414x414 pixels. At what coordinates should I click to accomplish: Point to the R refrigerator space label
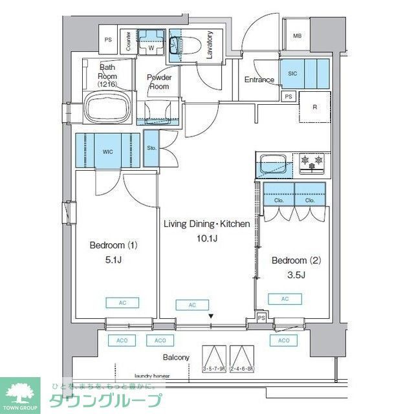314,107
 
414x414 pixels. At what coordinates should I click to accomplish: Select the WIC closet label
107,151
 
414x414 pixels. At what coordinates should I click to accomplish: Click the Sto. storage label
151,148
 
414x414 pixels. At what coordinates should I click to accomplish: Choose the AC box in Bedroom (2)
285,298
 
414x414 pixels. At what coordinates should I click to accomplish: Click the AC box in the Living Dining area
192,305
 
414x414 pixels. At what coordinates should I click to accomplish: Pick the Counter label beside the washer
129,41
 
